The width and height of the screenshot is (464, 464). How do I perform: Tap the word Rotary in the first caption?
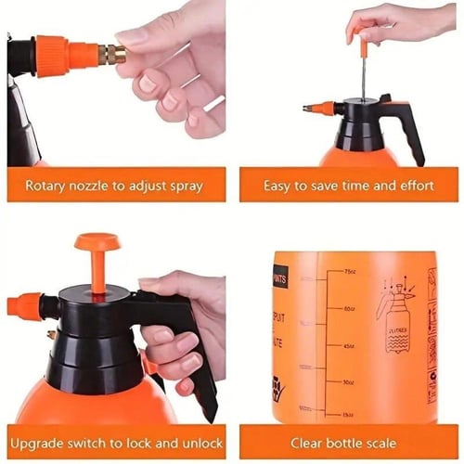[45, 186]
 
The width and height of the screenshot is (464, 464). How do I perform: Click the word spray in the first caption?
[184, 186]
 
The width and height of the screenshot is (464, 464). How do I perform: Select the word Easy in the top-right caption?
[279, 186]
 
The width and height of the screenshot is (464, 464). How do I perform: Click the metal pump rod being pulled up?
[363, 74]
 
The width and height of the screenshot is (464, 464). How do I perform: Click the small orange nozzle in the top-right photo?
[319, 109]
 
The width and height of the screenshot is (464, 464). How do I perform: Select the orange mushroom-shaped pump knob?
[97, 244]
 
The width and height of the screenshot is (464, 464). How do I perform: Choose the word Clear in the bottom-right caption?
[309, 443]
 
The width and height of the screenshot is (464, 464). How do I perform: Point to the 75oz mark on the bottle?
[349, 272]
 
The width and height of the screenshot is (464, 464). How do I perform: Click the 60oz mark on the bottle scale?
[349, 309]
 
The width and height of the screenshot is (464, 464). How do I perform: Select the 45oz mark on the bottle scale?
[349, 345]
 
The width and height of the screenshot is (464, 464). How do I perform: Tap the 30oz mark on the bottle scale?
[349, 381]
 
